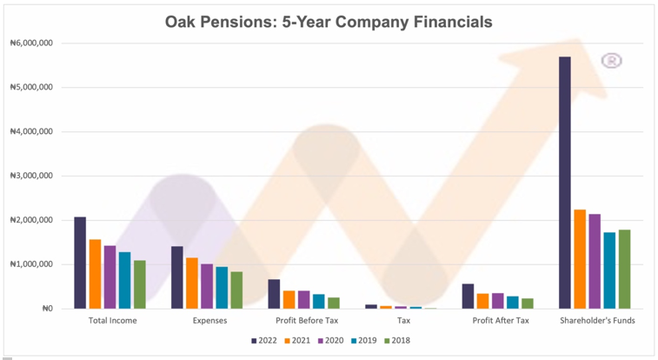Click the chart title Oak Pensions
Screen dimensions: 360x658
329,21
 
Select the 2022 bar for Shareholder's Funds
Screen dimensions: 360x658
565,183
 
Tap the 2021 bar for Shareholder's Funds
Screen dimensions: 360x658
580,259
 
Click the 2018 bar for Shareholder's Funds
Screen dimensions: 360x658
624,269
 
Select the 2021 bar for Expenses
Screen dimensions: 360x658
192,283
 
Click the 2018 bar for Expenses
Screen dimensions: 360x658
236,290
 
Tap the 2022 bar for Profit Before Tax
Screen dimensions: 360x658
274,294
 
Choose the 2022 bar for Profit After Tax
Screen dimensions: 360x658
468,296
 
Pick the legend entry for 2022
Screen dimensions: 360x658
263,340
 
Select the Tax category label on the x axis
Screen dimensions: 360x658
403,321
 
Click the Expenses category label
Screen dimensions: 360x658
209,321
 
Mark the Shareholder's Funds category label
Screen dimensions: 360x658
597,321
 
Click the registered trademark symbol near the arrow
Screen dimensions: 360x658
612,60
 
